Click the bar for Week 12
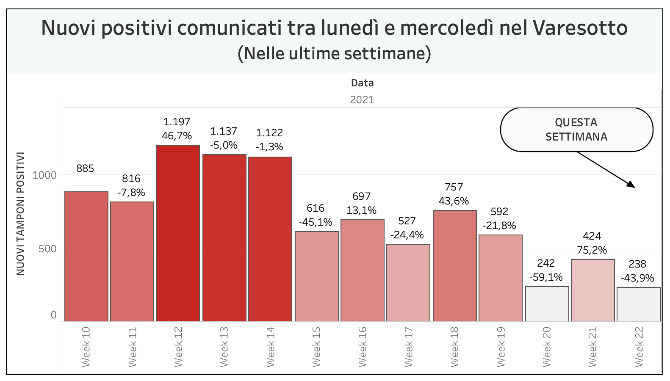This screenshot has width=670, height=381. [178, 233]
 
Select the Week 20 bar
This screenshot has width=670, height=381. [547, 304]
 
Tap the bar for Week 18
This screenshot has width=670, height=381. [455, 266]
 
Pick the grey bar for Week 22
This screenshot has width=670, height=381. [639, 304]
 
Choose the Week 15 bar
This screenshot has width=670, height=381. [317, 276]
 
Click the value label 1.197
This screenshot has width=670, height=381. [177, 122]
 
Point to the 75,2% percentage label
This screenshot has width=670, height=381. [592, 250]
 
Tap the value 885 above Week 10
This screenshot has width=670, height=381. [85, 168]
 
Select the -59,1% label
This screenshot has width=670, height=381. [546, 277]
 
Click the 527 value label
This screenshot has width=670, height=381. [407, 221]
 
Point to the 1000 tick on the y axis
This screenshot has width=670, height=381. [44, 175]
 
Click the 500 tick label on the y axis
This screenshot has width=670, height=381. [47, 249]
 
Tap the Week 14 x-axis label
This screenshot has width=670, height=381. [270, 347]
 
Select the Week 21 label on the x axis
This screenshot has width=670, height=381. [592, 347]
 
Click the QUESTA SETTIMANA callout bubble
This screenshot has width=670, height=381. [576, 130]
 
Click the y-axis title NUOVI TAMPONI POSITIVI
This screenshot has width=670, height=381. [20, 214]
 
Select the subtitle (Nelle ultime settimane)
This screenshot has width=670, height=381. [335, 54]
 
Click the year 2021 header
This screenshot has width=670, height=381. [362, 99]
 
